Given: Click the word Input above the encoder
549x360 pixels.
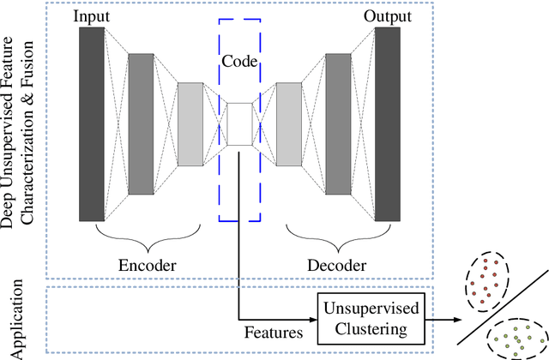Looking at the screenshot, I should (92, 16).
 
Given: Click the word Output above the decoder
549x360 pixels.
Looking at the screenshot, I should (387, 16).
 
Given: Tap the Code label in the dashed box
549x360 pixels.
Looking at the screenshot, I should (239, 62).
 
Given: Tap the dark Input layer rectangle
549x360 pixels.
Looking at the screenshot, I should (91, 123).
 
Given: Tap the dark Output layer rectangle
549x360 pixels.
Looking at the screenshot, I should (388, 123).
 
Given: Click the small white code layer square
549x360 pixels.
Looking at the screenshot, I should (239, 123).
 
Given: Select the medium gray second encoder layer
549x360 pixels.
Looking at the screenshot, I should (140, 123).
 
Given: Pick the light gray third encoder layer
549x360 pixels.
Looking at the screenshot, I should (190, 123).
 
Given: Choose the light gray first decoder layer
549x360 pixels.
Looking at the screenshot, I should (289, 123).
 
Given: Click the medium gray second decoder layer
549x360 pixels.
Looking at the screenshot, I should (337, 123).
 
